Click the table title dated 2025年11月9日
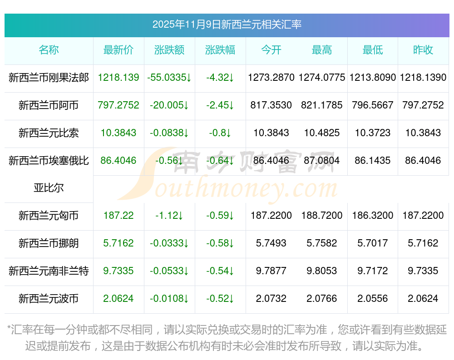tap(227, 25)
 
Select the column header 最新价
tap(118, 50)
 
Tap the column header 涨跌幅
tap(220, 50)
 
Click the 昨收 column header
tap(423, 50)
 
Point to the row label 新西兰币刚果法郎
tap(49, 78)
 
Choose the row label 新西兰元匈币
tap(49, 216)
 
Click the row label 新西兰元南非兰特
tap(49, 271)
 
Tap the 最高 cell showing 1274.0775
tap(322, 78)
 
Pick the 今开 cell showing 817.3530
tap(271, 105)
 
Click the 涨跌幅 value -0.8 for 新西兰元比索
tap(220, 133)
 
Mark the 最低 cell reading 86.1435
tap(373, 161)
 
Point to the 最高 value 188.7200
tap(322, 216)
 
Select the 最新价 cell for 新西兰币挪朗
tap(118, 243)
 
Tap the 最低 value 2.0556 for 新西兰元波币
tap(373, 299)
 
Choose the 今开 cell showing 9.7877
tap(271, 271)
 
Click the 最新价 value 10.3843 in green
tap(118, 133)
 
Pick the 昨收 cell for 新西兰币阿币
tap(423, 105)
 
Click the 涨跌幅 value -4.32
tap(220, 78)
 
